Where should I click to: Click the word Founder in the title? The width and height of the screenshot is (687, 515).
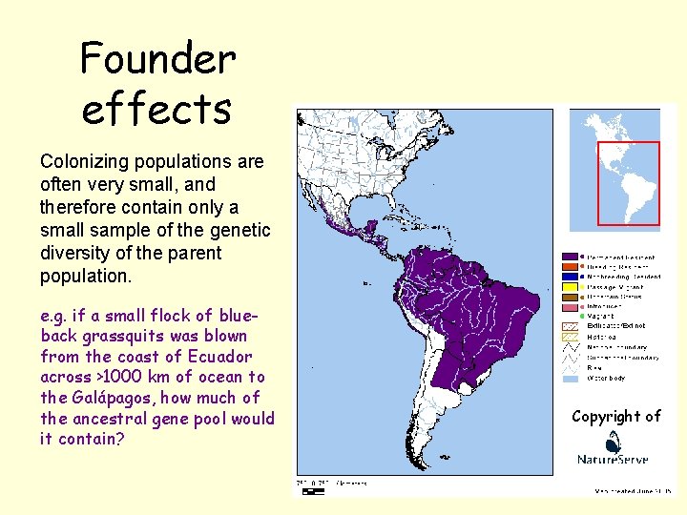tap(157, 59)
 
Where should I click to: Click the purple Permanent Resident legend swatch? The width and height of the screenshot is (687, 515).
tap(570, 257)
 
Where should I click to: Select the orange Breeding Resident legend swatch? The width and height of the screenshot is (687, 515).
tap(570, 267)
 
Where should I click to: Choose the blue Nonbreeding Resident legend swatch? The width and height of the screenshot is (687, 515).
tap(570, 278)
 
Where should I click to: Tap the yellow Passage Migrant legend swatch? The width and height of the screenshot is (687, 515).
tap(570, 287)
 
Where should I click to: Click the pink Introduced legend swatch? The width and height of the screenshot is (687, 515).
tap(570, 307)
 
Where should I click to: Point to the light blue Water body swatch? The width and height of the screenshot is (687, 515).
tap(570, 379)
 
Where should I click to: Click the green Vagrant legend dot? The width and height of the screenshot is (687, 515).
tap(570, 317)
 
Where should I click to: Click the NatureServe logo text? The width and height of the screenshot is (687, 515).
tap(614, 460)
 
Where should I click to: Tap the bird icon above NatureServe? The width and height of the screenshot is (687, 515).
tap(614, 440)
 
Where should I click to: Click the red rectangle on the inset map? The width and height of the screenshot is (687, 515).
tap(628, 183)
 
